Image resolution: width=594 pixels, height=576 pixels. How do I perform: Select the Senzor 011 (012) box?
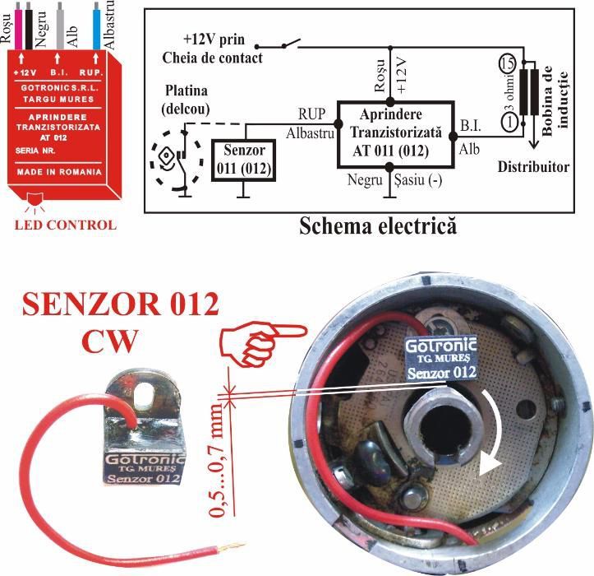coord(242,160)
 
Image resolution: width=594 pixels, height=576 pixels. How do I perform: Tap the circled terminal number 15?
coord(509,63)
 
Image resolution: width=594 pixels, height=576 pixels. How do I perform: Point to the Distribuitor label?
coord(533,167)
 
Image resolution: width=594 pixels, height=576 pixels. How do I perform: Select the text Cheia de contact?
coord(213,58)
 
